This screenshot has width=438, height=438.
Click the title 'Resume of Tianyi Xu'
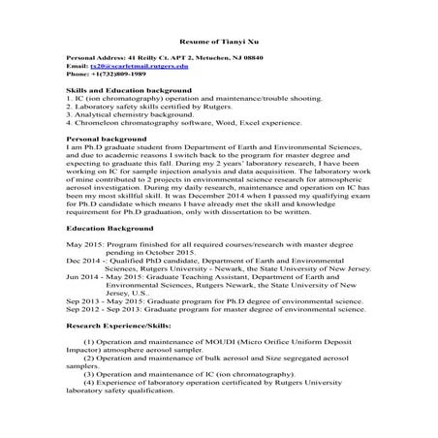pos(218,43)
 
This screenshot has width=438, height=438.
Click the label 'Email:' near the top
pos(76,66)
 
